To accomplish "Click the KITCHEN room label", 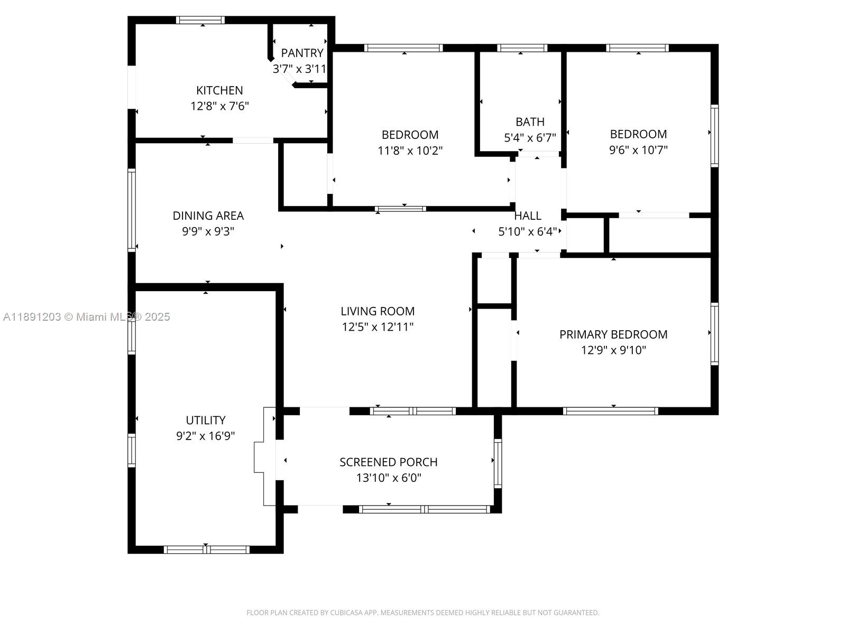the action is [x=219, y=90].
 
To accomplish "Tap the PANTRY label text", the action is [x=302, y=53].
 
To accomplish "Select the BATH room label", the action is [x=530, y=122].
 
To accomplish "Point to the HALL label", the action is [x=528, y=216].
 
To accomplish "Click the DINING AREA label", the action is [x=208, y=216].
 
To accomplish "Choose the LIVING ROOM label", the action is [x=378, y=311].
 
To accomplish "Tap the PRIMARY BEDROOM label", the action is [x=613, y=334].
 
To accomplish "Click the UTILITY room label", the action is [x=206, y=420].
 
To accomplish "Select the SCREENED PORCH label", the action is [x=388, y=462].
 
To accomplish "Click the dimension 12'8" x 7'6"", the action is [x=219, y=106].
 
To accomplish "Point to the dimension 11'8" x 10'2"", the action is [x=410, y=151].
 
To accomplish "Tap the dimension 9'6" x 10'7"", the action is [x=638, y=150].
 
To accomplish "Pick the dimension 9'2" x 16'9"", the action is [x=206, y=436].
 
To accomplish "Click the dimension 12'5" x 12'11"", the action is [x=378, y=327].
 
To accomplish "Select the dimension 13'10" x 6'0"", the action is [x=388, y=478].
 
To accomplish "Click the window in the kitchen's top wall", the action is [x=200, y=20].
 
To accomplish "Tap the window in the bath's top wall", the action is [x=522, y=48].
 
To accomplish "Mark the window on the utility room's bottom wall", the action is [x=207, y=549].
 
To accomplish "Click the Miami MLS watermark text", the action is [x=86, y=317].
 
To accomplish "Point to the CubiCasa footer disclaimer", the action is [x=423, y=612].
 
